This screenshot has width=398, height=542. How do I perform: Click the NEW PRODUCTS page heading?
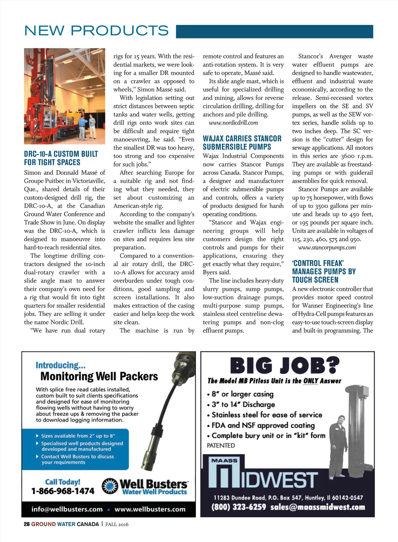point(96,30)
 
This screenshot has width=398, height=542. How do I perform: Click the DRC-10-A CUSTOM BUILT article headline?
point(61,158)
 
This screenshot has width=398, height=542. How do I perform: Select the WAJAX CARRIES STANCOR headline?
point(242,143)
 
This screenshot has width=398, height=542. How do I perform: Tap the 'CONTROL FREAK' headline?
point(324,271)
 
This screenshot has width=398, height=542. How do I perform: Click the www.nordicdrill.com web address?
point(233,123)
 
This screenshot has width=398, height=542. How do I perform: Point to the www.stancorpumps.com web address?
point(327,247)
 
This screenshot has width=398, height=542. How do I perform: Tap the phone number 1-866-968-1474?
point(63,491)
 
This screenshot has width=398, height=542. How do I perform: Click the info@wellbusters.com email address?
point(67,509)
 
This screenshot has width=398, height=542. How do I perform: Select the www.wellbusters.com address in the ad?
point(150,509)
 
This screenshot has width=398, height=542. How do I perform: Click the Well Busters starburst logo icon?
point(110,486)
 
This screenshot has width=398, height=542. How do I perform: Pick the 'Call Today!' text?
point(63,482)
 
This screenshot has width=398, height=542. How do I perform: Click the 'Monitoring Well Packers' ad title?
point(99,376)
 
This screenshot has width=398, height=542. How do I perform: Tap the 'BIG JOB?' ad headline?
point(285,366)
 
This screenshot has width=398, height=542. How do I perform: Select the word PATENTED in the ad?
point(221,445)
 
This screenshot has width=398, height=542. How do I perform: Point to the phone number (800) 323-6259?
point(239,507)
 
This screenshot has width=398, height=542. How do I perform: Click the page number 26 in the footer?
point(26,524)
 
